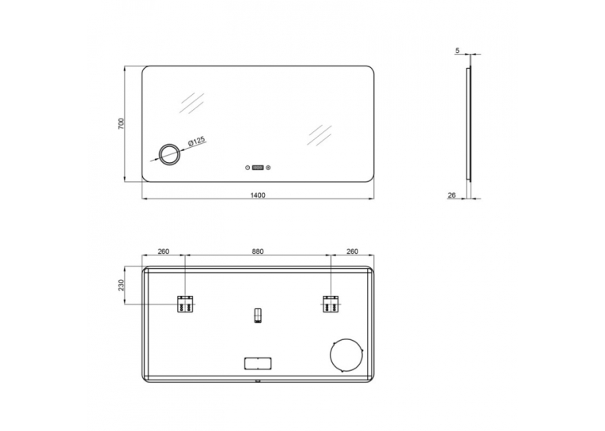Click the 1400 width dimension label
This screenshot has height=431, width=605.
coord(258,195)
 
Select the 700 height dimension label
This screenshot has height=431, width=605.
coord(122,123)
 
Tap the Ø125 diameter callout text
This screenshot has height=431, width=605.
coord(197,142)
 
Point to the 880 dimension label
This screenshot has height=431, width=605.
coord(258,251)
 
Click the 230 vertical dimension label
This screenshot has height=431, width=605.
coord(122,285)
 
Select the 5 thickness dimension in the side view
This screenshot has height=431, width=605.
coord(458,51)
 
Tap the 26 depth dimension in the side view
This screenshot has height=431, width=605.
coord(452,195)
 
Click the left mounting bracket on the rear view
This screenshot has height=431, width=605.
coord(185,304)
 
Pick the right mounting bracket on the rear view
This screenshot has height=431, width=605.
coord(331,304)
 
